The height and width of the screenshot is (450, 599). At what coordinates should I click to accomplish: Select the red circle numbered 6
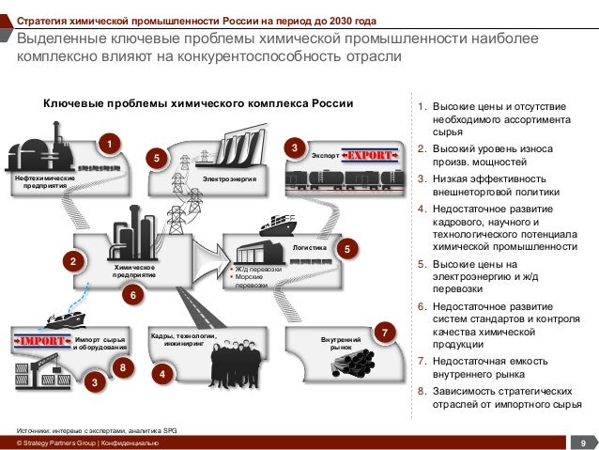click(133, 295)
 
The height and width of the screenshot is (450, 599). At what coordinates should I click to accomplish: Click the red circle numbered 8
click(122, 368)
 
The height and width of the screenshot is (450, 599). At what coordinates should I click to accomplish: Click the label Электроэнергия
click(230, 178)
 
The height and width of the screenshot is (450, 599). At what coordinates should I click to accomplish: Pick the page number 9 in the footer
click(583, 442)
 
